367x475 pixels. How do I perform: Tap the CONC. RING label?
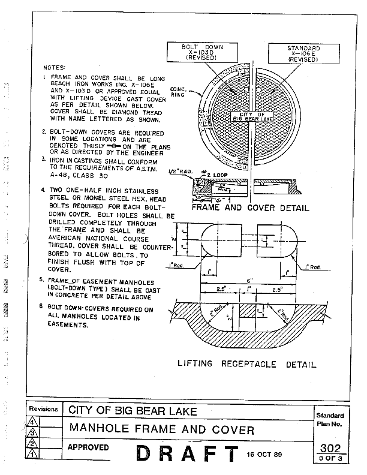tap(178, 92)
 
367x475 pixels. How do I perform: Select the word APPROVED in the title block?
tap(88, 447)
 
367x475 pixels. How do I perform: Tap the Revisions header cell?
tap(44, 409)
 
